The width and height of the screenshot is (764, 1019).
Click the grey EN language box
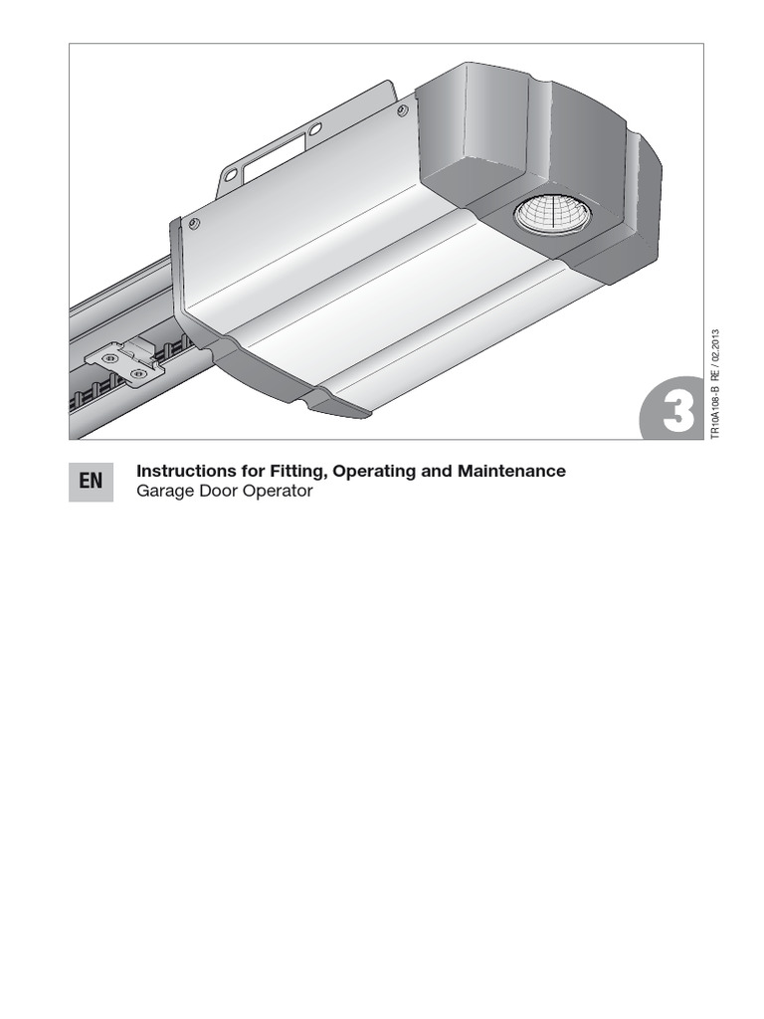(x=91, y=482)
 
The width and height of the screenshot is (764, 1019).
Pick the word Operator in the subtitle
(x=279, y=492)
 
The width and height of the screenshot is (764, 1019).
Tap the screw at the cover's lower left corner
(x=193, y=225)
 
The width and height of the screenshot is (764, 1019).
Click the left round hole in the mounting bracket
(x=230, y=174)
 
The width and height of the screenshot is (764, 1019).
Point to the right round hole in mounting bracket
(x=314, y=129)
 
